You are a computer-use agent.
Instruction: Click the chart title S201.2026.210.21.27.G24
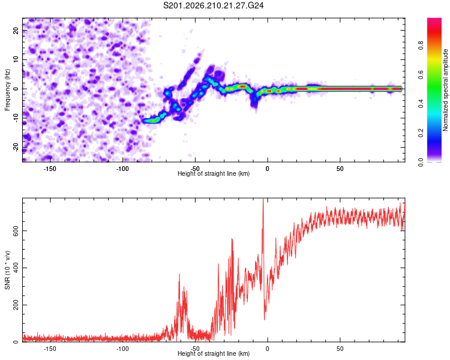(x=213, y=5)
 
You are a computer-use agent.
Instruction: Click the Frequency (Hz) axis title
(x=7, y=90)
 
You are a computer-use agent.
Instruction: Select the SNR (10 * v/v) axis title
(x=7, y=270)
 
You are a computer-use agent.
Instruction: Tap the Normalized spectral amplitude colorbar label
(x=445, y=90)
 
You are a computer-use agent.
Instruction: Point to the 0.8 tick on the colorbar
(x=421, y=46)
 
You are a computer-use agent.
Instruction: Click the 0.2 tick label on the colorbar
(x=421, y=133)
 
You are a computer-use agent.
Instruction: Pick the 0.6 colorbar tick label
(x=421, y=74)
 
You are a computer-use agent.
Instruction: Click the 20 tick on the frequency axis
(x=16, y=31)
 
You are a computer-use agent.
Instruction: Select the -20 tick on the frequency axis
(x=16, y=148)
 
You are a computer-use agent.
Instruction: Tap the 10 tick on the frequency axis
(x=16, y=60)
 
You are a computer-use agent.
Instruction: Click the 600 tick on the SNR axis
(x=16, y=231)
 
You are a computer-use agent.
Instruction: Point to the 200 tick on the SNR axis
(x=16, y=305)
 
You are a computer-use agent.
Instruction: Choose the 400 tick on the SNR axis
(x=16, y=268)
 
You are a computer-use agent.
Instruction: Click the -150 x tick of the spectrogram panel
(x=50, y=169)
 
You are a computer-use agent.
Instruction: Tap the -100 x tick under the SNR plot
(x=122, y=349)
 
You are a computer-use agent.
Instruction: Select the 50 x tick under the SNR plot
(x=340, y=349)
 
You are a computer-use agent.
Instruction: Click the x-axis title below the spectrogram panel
(x=214, y=173)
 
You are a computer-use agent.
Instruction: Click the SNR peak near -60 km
(x=179, y=274)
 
